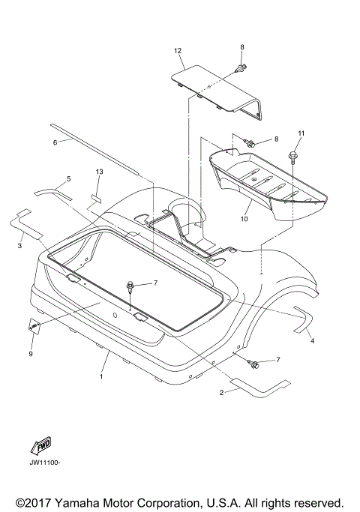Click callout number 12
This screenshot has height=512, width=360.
(x=178, y=51)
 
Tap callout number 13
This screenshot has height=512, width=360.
(x=99, y=172)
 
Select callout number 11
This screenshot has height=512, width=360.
(x=301, y=133)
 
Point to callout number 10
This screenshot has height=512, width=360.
(x=244, y=219)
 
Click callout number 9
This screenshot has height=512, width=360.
(x=31, y=354)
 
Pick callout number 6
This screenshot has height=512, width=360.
(x=55, y=142)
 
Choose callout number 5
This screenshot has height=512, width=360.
(x=68, y=179)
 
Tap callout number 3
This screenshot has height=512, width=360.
(x=19, y=245)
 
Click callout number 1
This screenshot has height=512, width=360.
(x=101, y=376)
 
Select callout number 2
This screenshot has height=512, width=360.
(x=221, y=393)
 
